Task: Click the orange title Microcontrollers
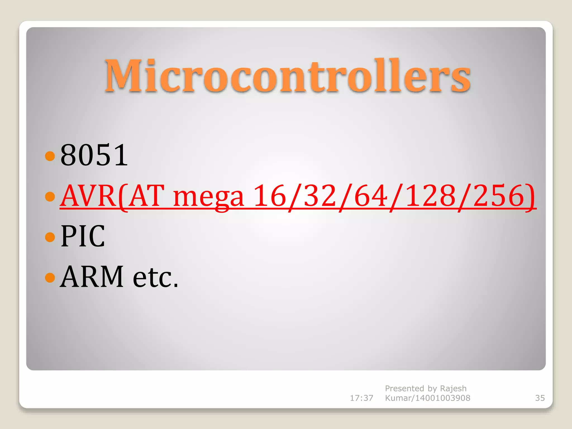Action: click(x=288, y=76)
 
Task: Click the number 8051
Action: click(x=94, y=155)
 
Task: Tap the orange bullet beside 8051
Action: click(x=50, y=156)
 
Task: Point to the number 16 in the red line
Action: click(x=270, y=196)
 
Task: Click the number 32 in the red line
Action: click(x=320, y=196)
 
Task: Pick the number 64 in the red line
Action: click(x=371, y=196)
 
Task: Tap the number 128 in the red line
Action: click(x=430, y=196)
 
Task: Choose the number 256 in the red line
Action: click(x=499, y=196)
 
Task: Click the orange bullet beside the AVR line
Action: click(x=50, y=196)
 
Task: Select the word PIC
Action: click(x=83, y=236)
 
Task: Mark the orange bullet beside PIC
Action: click(x=50, y=237)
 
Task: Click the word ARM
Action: click(x=92, y=277)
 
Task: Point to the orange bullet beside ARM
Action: click(x=50, y=277)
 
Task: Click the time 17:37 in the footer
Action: click(x=361, y=398)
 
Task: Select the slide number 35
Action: click(x=540, y=398)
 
